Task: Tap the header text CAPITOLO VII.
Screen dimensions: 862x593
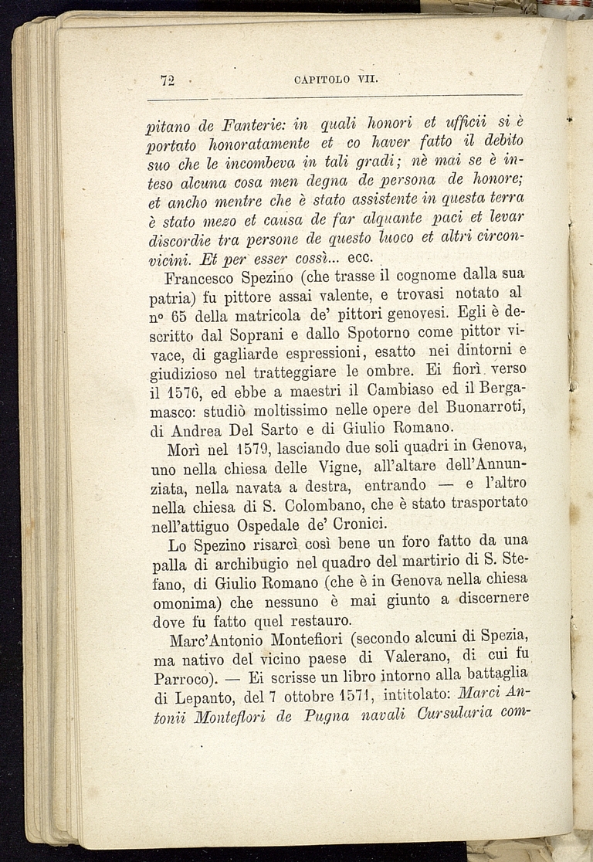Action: click(334, 79)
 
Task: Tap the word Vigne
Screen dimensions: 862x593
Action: click(325, 468)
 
